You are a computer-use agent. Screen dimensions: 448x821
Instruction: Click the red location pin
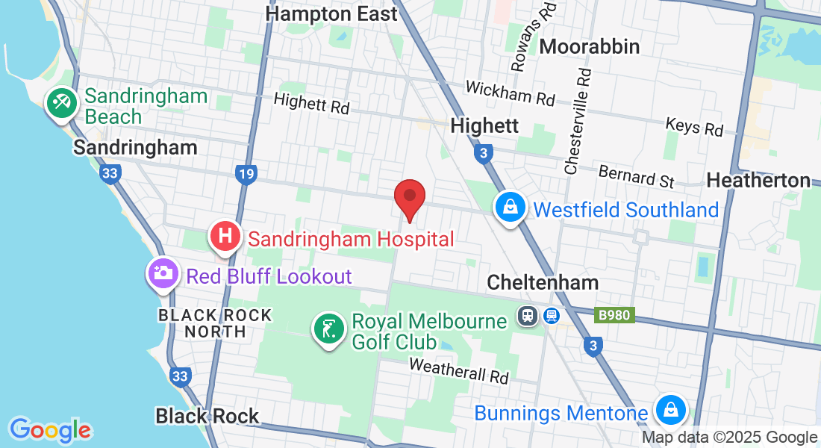coord(410,196)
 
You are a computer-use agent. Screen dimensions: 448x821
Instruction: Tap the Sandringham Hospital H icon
coord(225,237)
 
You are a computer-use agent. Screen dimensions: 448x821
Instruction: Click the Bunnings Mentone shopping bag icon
coord(669,409)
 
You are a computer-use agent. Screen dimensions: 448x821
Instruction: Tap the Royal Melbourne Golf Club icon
coord(328,329)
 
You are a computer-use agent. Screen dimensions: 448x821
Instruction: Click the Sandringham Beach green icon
coord(60,103)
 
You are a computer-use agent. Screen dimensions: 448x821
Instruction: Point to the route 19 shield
coord(245,175)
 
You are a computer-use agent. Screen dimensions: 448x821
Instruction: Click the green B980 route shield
coord(614,315)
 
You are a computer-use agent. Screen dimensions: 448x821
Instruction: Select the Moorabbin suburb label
coord(589,46)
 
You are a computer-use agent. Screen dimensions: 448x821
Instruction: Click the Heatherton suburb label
coord(758,180)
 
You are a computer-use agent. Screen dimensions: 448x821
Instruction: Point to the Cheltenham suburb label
coord(543,282)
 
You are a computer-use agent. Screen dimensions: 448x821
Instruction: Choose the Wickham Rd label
coord(510,93)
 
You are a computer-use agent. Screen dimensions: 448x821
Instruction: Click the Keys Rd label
coord(694,126)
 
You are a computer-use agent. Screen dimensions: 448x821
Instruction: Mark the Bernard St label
coord(636,177)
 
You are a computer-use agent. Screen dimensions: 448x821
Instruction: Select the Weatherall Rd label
coord(458,370)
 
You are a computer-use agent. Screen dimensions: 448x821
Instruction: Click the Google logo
coord(50,430)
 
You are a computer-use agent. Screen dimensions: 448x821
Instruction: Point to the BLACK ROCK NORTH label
coord(214,323)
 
